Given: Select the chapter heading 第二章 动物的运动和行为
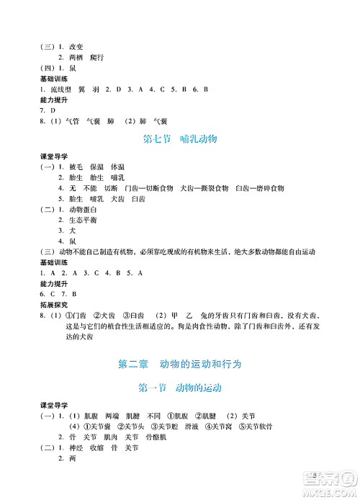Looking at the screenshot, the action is [179, 363].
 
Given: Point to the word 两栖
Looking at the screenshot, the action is [76, 56].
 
